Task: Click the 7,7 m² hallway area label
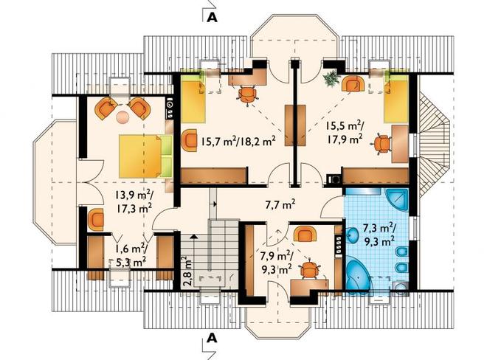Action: (281, 204)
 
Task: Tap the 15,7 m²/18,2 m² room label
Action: (238, 142)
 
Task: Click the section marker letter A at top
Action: (212, 18)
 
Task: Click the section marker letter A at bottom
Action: (212, 338)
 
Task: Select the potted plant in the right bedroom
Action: (332, 78)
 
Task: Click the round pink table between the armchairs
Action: (122, 117)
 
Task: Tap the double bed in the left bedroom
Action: (145, 156)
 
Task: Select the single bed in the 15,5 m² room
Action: (396, 102)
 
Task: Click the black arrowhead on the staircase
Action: (194, 236)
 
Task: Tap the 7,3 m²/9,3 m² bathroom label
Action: (379, 234)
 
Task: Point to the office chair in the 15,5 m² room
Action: (381, 144)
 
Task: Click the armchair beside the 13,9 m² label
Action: (96, 219)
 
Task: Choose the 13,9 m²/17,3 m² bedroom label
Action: (134, 201)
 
